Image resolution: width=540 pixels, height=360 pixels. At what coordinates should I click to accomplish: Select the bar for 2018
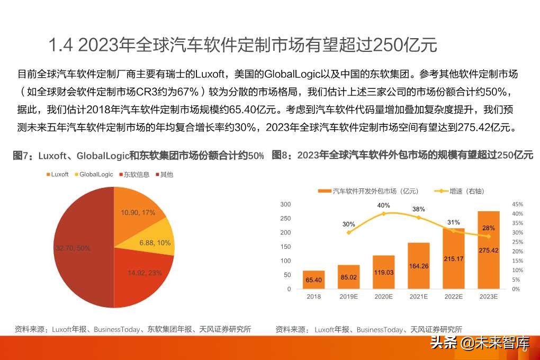click(314, 280)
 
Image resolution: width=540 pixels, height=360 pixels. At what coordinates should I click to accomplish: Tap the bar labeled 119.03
click(383, 272)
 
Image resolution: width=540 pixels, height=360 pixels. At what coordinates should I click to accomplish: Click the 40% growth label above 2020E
click(383, 205)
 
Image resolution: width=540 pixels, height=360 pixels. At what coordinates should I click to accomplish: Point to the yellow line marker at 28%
click(488, 236)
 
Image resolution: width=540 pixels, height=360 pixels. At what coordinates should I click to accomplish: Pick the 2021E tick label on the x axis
click(418, 297)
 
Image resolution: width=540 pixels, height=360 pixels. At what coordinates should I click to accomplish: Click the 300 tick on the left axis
click(285, 204)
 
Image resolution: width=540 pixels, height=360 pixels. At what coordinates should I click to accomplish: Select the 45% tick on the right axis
click(517, 204)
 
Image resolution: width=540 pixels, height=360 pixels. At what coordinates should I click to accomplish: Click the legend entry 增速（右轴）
click(459, 191)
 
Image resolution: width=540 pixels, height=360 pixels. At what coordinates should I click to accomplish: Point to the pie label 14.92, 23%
click(145, 273)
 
